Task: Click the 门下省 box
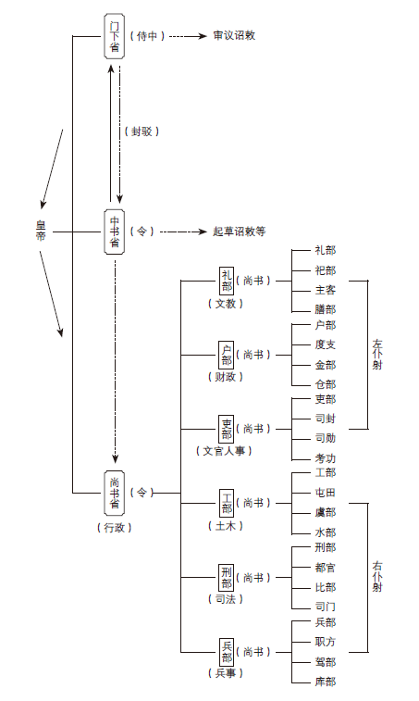[115, 36]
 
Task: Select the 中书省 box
[115, 232]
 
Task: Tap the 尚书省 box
[115, 494]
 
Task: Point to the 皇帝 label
[41, 231]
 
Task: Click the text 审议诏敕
[234, 36]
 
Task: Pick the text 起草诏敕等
[239, 232]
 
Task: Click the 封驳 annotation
[142, 131]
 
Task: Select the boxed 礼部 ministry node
[227, 281]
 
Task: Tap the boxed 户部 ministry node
[227, 355]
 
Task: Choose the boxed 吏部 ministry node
[227, 429]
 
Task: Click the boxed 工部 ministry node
[227, 504]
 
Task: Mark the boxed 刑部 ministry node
[227, 578]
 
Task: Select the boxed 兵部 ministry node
[227, 652]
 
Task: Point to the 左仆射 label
[377, 355]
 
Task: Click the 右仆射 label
[377, 576]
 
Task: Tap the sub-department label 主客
[326, 290]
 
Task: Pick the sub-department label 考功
[326, 458]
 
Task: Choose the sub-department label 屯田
[326, 493]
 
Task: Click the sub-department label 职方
[326, 642]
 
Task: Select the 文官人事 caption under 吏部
[224, 451]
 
